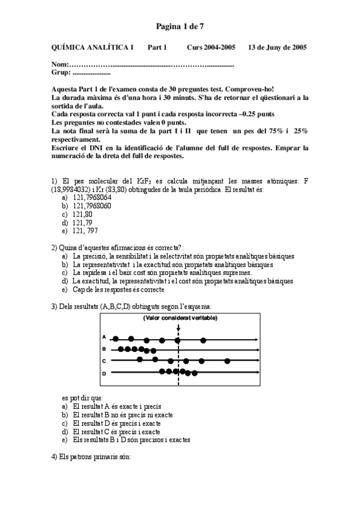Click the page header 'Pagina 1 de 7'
(x=180, y=26)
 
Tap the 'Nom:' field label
(x=60, y=64)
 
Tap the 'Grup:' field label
(x=61, y=72)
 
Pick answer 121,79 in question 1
(x=82, y=223)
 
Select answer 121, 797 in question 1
(x=85, y=231)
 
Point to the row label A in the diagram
(x=104, y=337)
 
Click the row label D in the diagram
(x=104, y=373)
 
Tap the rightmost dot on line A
(x=203, y=340)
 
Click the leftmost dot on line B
(x=121, y=349)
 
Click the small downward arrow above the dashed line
(x=178, y=328)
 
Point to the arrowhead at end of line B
(x=258, y=349)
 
